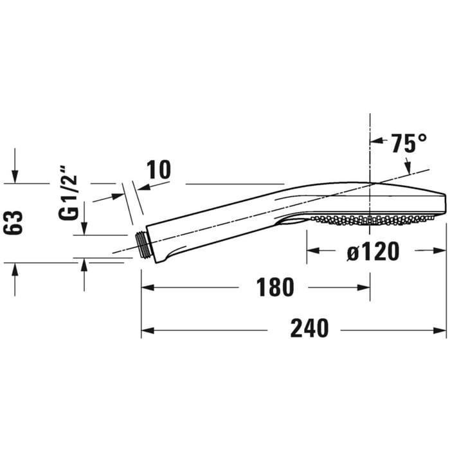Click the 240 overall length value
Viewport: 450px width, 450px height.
pos(309,328)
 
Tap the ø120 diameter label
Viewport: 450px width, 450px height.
pos(373,251)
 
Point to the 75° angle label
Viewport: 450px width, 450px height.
pos(409,143)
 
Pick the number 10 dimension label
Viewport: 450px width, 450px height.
pos(158,170)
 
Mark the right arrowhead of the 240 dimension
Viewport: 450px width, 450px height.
pos(442,330)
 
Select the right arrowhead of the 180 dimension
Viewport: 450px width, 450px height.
pos(366,288)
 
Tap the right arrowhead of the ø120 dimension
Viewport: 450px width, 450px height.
pos(442,252)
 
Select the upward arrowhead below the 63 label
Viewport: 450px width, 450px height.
pos(15,267)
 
